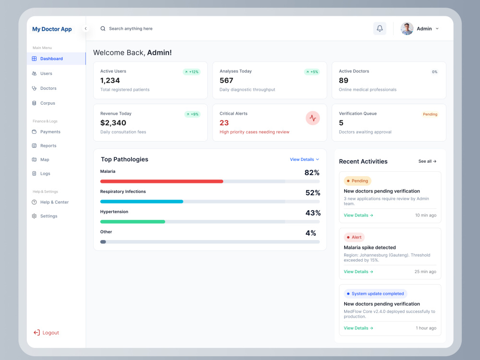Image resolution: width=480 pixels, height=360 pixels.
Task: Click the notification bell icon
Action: [x=380, y=28]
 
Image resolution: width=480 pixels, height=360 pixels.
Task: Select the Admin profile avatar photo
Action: [x=407, y=28]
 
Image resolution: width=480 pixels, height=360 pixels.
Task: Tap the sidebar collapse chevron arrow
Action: [x=86, y=28]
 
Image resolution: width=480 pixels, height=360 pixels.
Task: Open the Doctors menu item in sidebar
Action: [x=44, y=88]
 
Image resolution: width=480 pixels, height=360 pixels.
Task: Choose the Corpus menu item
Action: [x=44, y=103]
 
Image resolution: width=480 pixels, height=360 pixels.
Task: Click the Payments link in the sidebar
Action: [x=46, y=132]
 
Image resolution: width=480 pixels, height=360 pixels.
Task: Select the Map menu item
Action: [x=41, y=159]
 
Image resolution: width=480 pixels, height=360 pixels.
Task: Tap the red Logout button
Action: [x=46, y=333]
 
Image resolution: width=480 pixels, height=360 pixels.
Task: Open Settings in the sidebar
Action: [x=45, y=216]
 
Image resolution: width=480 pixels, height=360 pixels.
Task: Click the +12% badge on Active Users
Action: [x=192, y=72]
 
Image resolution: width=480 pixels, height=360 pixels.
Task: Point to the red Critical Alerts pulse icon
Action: [x=312, y=118]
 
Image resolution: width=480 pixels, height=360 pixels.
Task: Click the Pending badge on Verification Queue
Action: [x=430, y=114]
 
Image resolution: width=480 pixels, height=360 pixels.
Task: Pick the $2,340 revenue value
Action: [x=113, y=123]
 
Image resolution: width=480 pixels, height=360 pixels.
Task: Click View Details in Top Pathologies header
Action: [x=305, y=159]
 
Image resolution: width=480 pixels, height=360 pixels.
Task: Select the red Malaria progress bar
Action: [x=162, y=181]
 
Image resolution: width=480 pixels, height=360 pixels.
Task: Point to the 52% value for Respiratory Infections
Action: [x=312, y=192]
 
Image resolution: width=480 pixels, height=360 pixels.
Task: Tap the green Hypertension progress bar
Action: [x=132, y=222]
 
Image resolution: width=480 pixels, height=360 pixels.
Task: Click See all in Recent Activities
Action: [x=427, y=161]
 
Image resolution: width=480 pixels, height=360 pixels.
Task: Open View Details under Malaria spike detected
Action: [x=359, y=272]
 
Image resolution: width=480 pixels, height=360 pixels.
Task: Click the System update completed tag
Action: [x=375, y=294]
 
